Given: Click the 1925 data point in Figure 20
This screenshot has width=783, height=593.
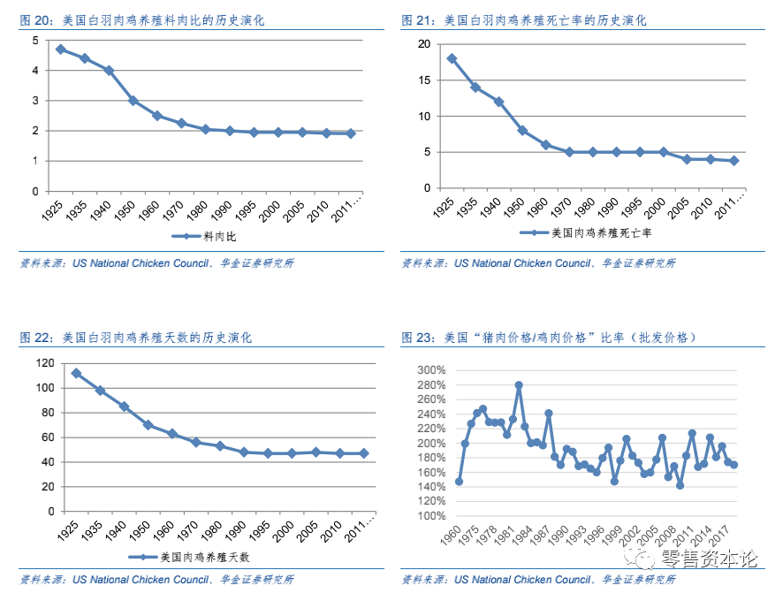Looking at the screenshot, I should click(60, 49).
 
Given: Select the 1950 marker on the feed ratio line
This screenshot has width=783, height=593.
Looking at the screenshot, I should click(133, 101).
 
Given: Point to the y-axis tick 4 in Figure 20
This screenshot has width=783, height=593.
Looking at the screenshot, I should click(34, 71).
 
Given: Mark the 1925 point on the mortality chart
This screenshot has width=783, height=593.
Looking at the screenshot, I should click(452, 58).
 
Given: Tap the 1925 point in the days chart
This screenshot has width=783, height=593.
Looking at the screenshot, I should click(76, 373).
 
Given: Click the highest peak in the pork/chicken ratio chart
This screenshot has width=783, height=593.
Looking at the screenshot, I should click(519, 385).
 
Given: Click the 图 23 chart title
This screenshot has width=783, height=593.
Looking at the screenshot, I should click(549, 338).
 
